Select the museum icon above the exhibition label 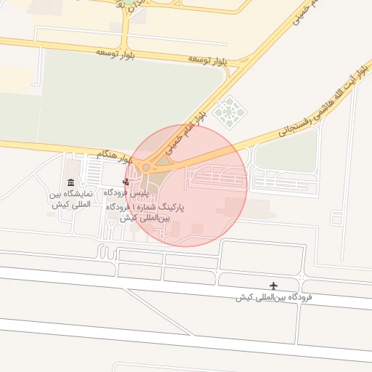(x=70, y=182)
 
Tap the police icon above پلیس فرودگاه (x=126, y=182)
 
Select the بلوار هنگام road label (x=114, y=155)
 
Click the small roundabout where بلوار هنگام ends (x=146, y=168)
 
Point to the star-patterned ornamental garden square (x=230, y=111)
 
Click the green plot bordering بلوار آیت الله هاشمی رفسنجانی (x=286, y=152)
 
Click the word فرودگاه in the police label (x=116, y=193)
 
